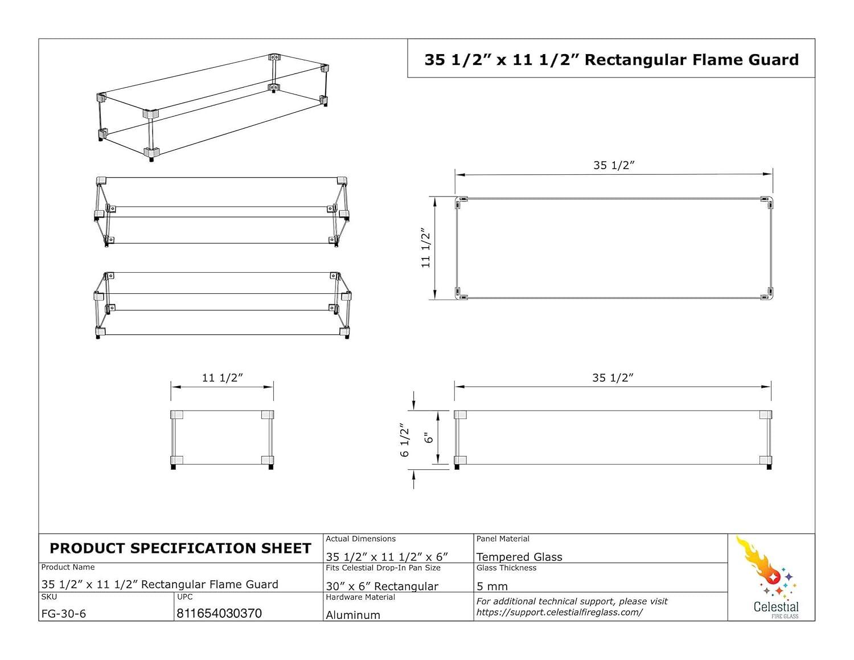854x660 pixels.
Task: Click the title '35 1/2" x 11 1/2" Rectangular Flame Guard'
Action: tap(611, 60)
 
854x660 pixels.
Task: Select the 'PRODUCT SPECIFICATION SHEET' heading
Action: tap(180, 548)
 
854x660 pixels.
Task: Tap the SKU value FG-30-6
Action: tap(64, 614)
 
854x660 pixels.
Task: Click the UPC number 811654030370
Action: tap(219, 613)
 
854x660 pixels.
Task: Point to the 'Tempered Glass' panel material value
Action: tap(519, 557)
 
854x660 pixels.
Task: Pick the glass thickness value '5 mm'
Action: tap(492, 586)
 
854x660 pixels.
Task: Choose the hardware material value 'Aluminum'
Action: tap(353, 615)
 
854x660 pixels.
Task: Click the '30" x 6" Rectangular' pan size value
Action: tap(382, 586)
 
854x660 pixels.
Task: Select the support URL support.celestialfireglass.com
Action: tap(559, 612)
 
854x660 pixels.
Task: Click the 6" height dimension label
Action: tap(429, 438)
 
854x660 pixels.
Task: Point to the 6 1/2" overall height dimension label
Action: tap(405, 440)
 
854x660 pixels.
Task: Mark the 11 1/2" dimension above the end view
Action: tap(222, 378)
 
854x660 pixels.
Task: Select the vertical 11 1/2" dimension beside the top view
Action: tap(425, 248)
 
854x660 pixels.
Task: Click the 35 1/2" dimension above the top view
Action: tap(614, 165)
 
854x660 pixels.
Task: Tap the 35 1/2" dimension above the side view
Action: tap(613, 378)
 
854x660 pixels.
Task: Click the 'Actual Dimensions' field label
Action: tap(360, 539)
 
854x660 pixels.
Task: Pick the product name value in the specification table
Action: tap(160, 584)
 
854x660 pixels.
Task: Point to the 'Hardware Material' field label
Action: tap(360, 597)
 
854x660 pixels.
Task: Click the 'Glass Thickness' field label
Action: tap(506, 568)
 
